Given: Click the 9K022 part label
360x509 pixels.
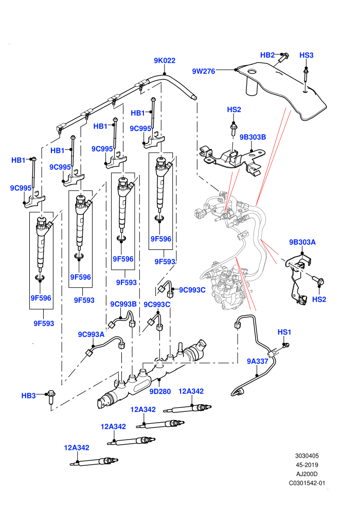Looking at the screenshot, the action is (165, 60).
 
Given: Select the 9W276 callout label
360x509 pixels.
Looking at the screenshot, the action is (204, 71).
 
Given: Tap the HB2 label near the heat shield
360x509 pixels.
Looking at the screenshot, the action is (267, 55).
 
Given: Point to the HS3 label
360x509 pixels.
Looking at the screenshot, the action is (307, 55).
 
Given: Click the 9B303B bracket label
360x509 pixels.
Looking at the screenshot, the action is (253, 137).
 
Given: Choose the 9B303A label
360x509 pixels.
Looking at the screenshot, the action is (302, 242).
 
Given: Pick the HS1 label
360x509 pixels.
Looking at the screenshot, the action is (284, 332).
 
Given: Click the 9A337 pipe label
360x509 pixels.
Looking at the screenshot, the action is (258, 361).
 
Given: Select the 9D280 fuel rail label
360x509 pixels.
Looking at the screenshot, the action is (160, 391).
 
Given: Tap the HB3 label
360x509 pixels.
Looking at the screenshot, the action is (29, 396).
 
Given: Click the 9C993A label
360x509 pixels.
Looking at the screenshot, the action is (91, 334).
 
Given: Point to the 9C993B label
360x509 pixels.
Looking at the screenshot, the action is (123, 304).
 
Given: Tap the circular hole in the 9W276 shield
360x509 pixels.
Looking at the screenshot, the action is (251, 71).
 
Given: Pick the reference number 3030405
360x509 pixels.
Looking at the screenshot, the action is (307, 456).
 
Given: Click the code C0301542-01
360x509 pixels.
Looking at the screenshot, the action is (307, 483).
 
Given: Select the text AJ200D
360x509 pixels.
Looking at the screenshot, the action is (307, 474).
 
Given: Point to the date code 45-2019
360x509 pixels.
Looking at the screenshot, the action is (307, 465).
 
